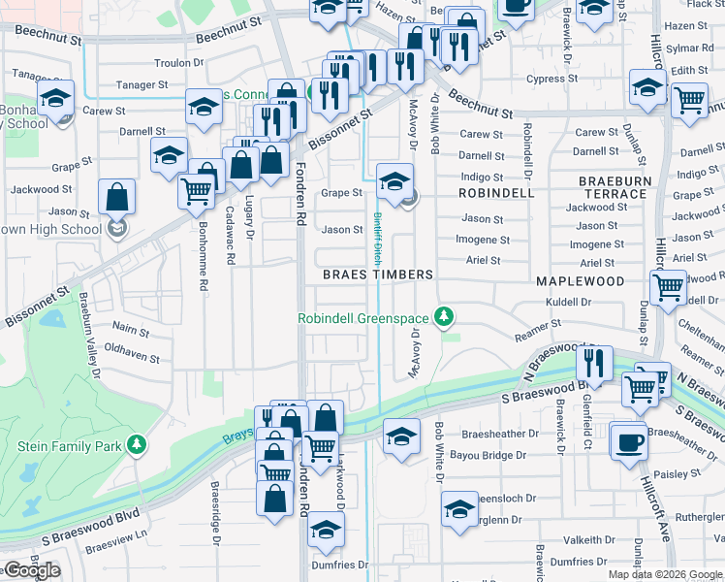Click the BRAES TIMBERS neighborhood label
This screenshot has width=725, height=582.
pyautogui.click(x=378, y=275)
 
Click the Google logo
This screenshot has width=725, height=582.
pyautogui.click(x=31, y=570)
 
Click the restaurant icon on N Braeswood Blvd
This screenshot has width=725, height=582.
pyautogui.click(x=594, y=363)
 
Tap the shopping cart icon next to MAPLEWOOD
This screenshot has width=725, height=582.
pyautogui.click(x=668, y=287)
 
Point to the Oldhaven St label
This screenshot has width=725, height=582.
pyautogui.click(x=132, y=357)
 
